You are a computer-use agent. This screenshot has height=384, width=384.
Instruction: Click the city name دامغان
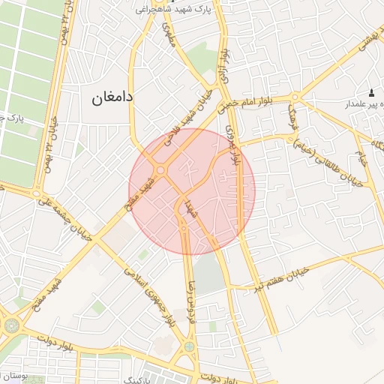pyautogui.click(x=112, y=97)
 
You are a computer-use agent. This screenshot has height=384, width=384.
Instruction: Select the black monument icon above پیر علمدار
pyautogui.click(x=371, y=91)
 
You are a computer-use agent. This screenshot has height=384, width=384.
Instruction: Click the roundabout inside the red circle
pyautogui.click(x=160, y=172)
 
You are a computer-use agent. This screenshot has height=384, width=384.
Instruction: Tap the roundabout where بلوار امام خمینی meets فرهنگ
pyautogui.click(x=296, y=97)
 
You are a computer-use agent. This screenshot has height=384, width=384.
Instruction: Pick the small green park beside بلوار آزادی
pyautogui.click(x=199, y=57)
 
